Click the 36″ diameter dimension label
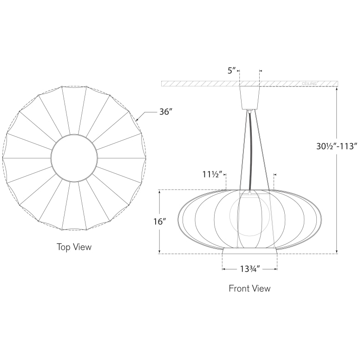click(x=166, y=112)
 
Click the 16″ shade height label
click(x=159, y=222)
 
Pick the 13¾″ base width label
click(x=249, y=268)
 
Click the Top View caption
click(x=74, y=247)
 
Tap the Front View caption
click(x=249, y=288)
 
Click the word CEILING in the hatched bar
click(x=309, y=84)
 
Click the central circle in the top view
click(x=74, y=158)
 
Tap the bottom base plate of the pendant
click(x=250, y=250)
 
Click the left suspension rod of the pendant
click(x=242, y=149)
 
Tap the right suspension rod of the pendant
click(x=262, y=149)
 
